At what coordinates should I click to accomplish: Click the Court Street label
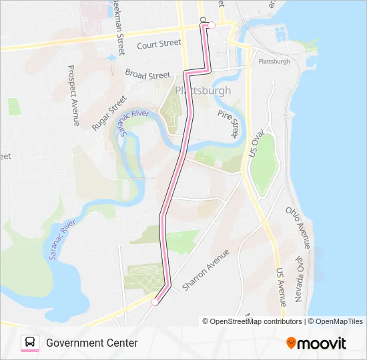pos(159,44)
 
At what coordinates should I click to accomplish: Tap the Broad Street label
pos(147,75)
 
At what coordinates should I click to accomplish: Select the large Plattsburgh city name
pos(203,91)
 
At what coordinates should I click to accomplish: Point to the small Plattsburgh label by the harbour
pos(274,61)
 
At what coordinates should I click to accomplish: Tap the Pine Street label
pos(228,124)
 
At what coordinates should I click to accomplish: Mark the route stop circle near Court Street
pos(212,25)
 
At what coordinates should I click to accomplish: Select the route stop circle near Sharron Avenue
pos(155,302)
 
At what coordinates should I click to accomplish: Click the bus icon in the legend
pos(30,343)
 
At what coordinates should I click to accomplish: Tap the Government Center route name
pos(92,343)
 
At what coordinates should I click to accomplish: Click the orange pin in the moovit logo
pos(291,343)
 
